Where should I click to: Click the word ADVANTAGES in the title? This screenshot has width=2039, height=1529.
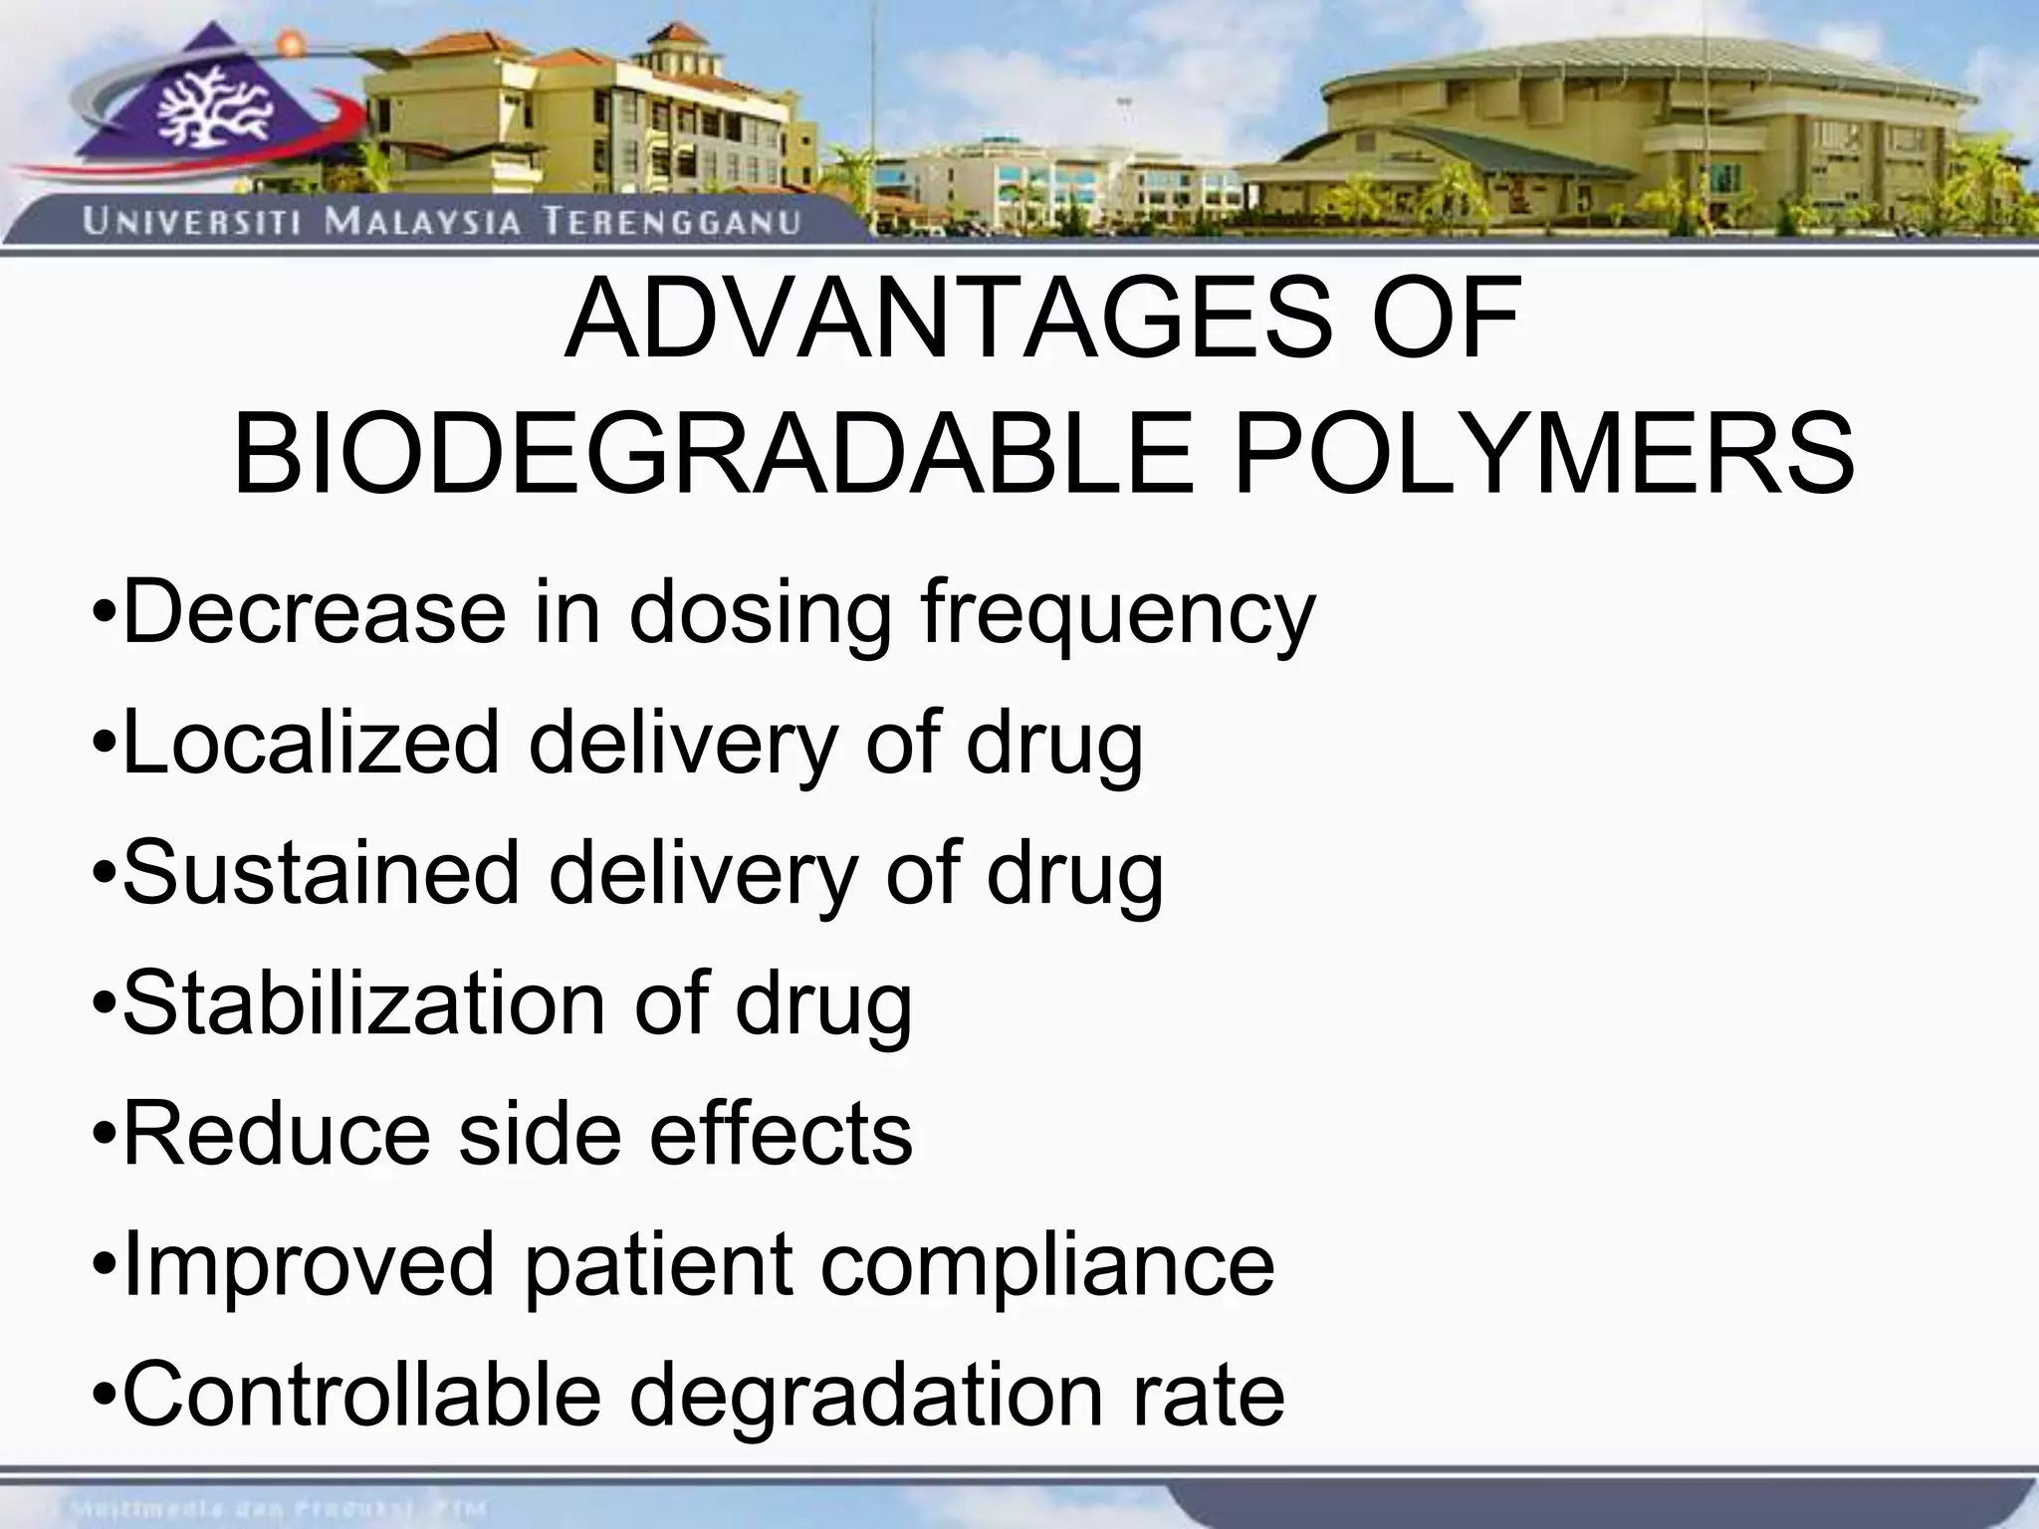click(x=947, y=320)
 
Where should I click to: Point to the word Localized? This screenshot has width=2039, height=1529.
click(x=311, y=743)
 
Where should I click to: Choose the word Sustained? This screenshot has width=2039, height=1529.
click(x=321, y=873)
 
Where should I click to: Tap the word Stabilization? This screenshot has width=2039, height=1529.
click(x=364, y=1003)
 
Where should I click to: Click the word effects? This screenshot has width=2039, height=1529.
click(x=781, y=1134)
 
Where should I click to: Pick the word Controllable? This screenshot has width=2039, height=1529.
click(x=361, y=1394)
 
